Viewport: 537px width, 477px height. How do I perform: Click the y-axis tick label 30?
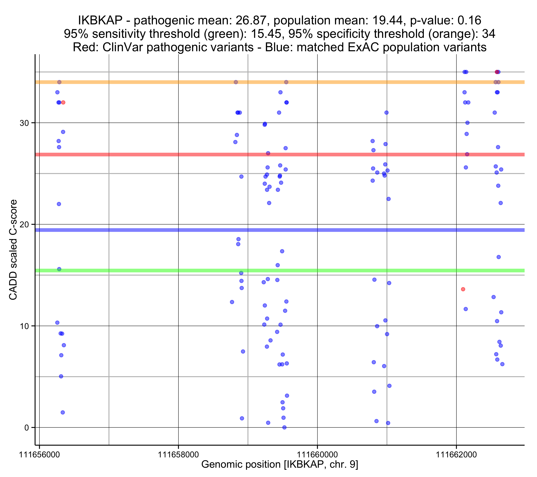coord(24,123)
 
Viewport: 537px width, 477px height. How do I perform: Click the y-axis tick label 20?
coord(24,225)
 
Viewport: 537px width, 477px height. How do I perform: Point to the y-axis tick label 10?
coord(24,326)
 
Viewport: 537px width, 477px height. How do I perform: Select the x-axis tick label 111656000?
coord(39,455)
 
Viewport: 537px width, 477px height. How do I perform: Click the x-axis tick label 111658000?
coord(178,455)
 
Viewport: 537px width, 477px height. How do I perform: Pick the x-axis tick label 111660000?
coord(317,455)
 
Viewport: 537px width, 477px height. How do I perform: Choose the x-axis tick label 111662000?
coord(456,455)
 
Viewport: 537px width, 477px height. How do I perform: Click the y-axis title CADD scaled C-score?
coord(13,250)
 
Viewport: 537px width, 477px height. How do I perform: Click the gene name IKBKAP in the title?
coord(100,20)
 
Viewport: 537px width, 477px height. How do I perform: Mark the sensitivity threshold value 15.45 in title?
coord(266,34)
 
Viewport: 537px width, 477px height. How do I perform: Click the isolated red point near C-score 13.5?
coord(463,289)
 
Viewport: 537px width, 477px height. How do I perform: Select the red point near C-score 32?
coord(63,103)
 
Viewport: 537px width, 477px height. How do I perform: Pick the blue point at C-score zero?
coord(284,428)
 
